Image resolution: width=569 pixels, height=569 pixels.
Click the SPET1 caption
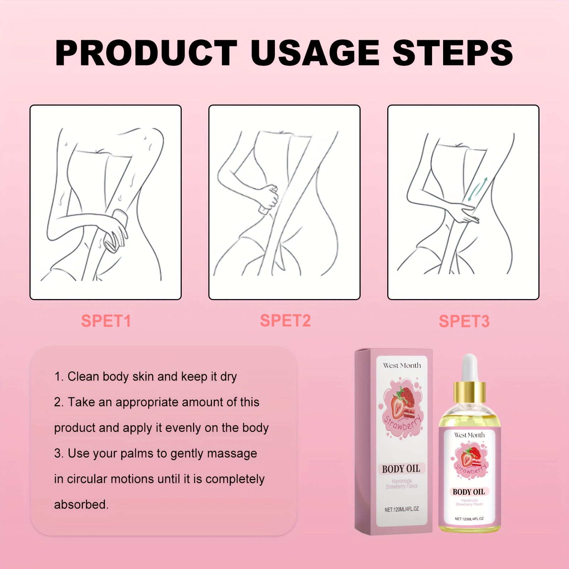click(x=106, y=321)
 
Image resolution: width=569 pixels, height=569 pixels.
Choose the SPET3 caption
click(x=464, y=321)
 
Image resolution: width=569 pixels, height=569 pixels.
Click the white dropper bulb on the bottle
click(x=469, y=368)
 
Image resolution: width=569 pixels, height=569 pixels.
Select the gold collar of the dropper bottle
click(x=469, y=392)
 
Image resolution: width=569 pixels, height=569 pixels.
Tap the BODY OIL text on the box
click(x=401, y=469)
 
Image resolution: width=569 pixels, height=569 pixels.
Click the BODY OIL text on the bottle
click(x=469, y=492)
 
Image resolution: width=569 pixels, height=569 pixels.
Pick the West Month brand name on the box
click(x=402, y=365)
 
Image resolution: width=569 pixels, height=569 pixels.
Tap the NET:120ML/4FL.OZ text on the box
click(x=402, y=509)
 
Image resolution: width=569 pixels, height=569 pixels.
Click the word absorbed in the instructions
click(x=81, y=504)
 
